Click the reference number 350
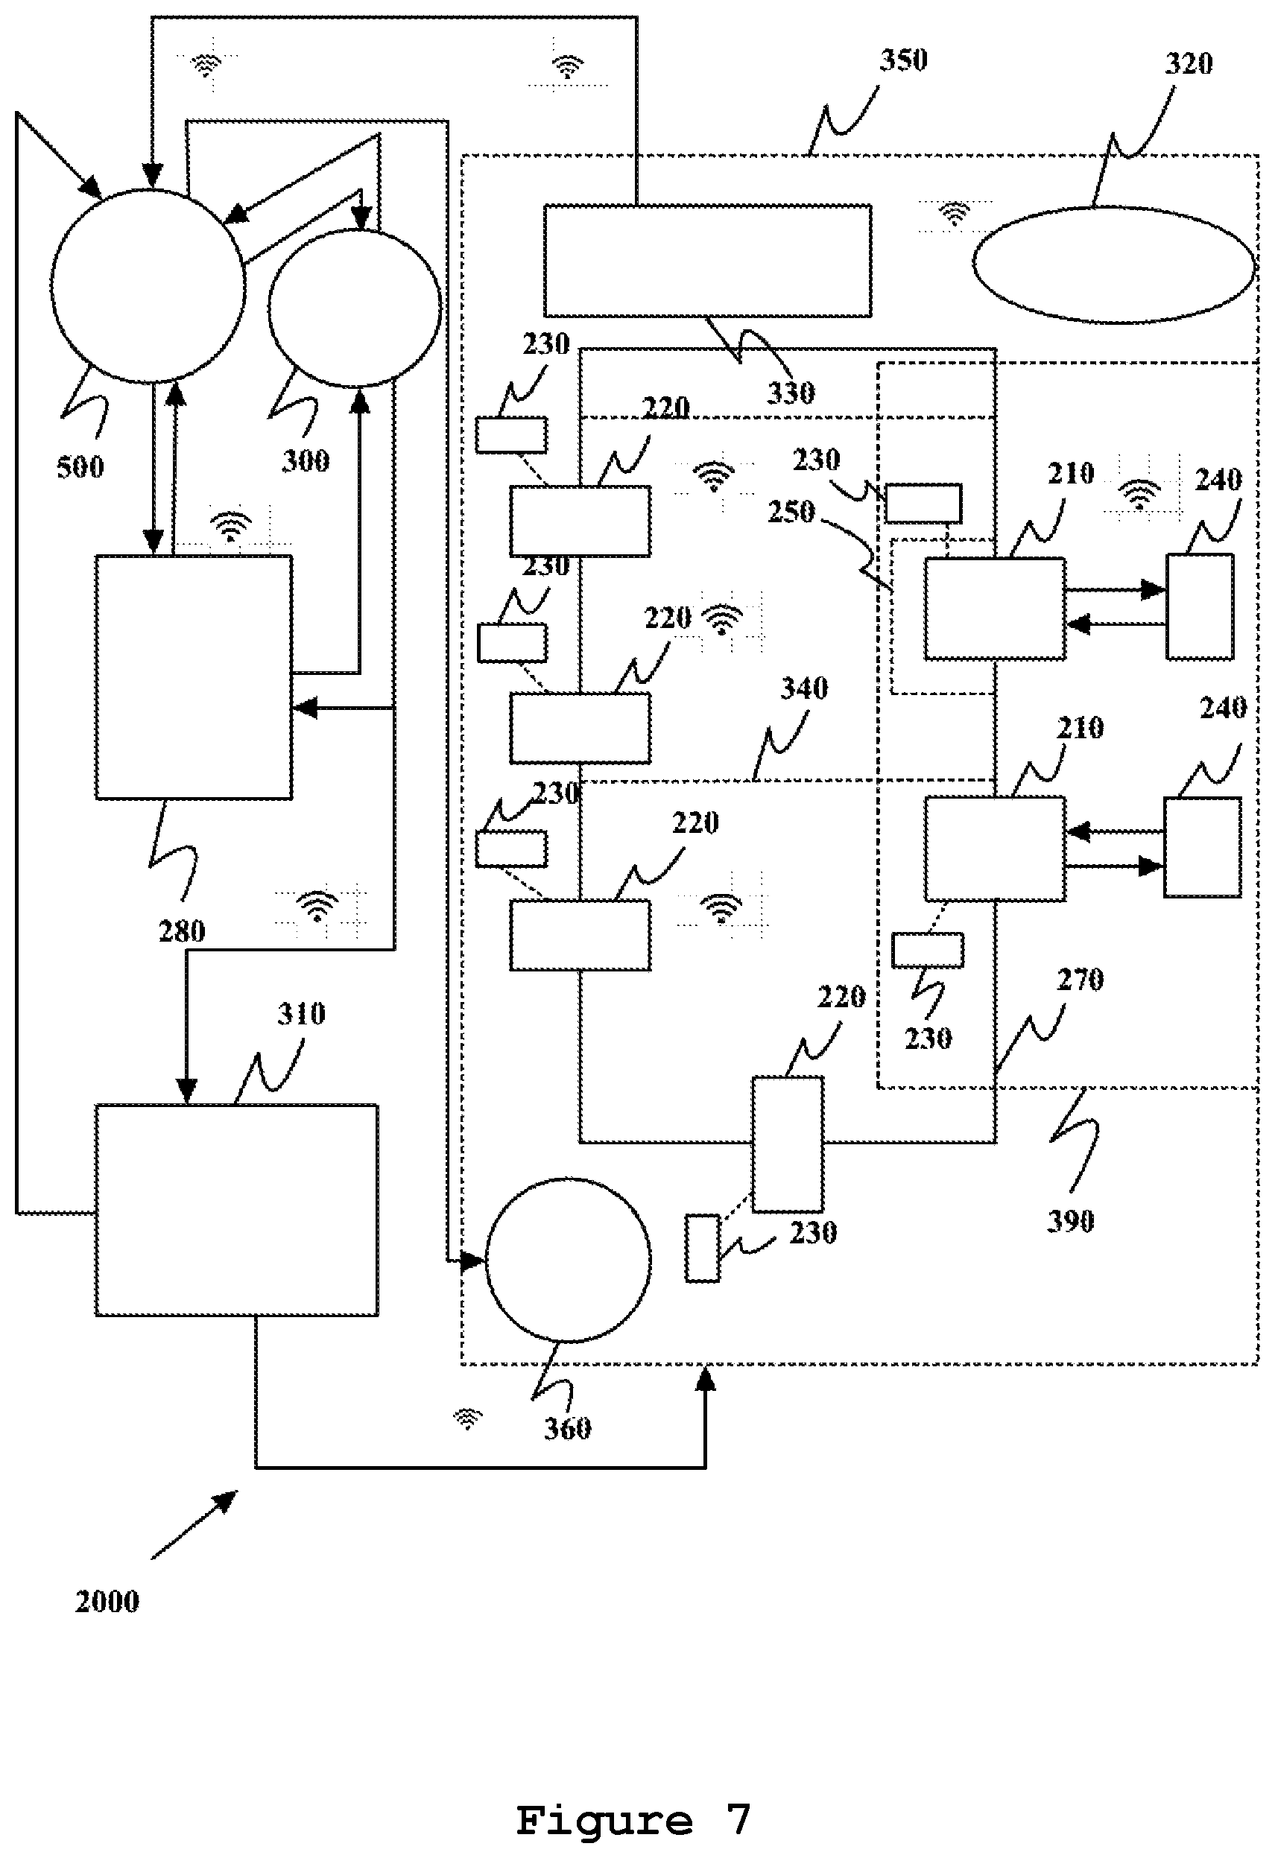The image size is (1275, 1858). tap(903, 60)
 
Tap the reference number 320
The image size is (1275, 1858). tap(1188, 63)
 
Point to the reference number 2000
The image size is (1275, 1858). tap(107, 1602)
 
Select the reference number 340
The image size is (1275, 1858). tap(804, 688)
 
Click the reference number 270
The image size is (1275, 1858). tap(1080, 980)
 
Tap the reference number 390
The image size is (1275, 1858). tap(1070, 1221)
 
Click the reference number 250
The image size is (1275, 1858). tap(791, 512)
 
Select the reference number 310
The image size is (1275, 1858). tap(302, 1014)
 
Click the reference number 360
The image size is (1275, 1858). tap(567, 1428)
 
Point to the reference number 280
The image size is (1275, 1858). tap(182, 931)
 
